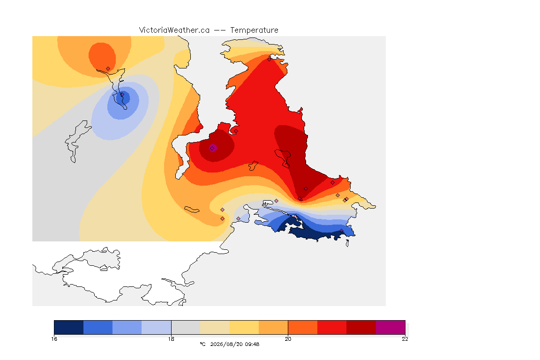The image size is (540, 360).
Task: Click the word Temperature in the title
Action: [254, 30]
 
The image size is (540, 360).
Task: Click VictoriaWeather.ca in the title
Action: [174, 30]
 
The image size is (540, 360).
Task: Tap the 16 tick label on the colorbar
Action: [54, 339]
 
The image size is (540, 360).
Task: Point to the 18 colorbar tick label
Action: [171, 339]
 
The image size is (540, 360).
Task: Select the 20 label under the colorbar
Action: [288, 339]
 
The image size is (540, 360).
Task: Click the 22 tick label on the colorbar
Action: [405, 339]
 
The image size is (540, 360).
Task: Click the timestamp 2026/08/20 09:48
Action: [234, 344]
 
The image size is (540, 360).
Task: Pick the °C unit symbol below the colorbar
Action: [202, 344]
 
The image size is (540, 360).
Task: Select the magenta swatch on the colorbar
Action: [390, 327]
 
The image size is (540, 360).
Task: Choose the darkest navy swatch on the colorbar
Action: [68, 327]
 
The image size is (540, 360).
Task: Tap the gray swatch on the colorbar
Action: [186, 327]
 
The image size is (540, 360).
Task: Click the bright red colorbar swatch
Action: [332, 327]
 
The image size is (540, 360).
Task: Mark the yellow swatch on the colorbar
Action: [244, 327]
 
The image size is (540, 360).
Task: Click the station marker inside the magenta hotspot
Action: [212, 148]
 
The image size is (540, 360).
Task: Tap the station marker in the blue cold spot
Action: [121, 94]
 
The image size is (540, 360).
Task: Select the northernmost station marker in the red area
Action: [269, 59]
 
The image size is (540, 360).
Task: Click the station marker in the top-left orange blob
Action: [108, 68]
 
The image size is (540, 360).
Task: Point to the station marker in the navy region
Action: [341, 231]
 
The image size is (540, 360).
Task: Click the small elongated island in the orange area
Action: [192, 210]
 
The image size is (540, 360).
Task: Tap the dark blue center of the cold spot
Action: [123, 98]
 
